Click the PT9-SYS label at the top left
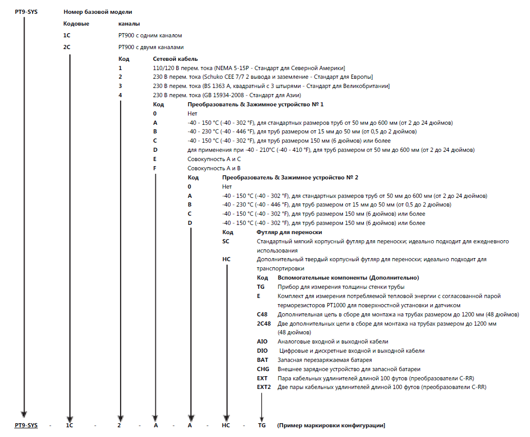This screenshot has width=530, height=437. [26, 11]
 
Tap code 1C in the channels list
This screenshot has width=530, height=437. [66, 36]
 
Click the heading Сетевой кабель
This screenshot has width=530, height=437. [175, 59]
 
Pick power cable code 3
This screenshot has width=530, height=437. [121, 86]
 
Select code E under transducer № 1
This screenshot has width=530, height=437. [155, 159]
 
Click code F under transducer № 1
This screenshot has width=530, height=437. [155, 168]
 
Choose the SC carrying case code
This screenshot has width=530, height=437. [226, 241]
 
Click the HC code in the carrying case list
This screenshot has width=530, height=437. [226, 260]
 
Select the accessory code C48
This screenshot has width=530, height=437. [262, 314]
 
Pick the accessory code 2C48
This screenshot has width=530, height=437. [264, 324]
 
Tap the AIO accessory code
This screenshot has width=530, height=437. [262, 341]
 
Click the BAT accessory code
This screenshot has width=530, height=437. [262, 360]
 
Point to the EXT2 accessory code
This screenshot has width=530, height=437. [264, 387]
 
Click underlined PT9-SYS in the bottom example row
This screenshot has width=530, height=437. [26, 425]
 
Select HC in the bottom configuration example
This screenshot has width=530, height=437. [226, 425]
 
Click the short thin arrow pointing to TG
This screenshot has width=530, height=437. [262, 406]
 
